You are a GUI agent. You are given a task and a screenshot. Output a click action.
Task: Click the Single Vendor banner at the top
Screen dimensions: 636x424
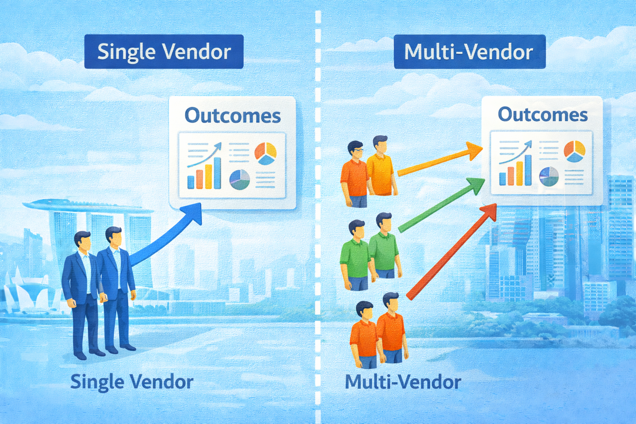(164, 52)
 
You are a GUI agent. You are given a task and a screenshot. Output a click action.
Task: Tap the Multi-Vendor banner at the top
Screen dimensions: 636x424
(469, 52)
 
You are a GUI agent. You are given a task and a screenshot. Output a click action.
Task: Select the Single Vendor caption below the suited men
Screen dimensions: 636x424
(132, 382)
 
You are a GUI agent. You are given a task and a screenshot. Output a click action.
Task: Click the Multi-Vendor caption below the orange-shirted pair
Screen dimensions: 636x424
(403, 382)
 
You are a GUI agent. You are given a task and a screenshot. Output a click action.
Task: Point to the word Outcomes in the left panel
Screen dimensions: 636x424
(232, 116)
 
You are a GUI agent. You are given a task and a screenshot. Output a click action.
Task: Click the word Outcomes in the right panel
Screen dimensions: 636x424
(542, 115)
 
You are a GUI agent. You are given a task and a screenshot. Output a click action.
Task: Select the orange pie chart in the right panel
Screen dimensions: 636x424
(574, 151)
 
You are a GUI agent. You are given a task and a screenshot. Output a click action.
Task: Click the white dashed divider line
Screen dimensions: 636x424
(318, 207)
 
